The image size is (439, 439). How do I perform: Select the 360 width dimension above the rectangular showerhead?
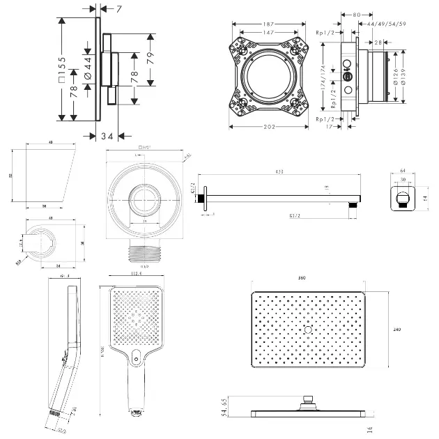click(302, 278)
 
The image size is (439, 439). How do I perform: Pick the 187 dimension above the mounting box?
click(269, 24)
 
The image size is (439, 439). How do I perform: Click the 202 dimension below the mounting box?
click(269, 127)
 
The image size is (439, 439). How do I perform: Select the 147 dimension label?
click(269, 32)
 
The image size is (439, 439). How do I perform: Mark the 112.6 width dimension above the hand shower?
click(137, 275)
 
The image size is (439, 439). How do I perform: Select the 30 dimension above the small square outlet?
click(403, 179)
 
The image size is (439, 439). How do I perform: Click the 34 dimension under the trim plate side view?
click(107, 134)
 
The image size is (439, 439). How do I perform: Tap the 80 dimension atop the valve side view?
click(356, 14)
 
